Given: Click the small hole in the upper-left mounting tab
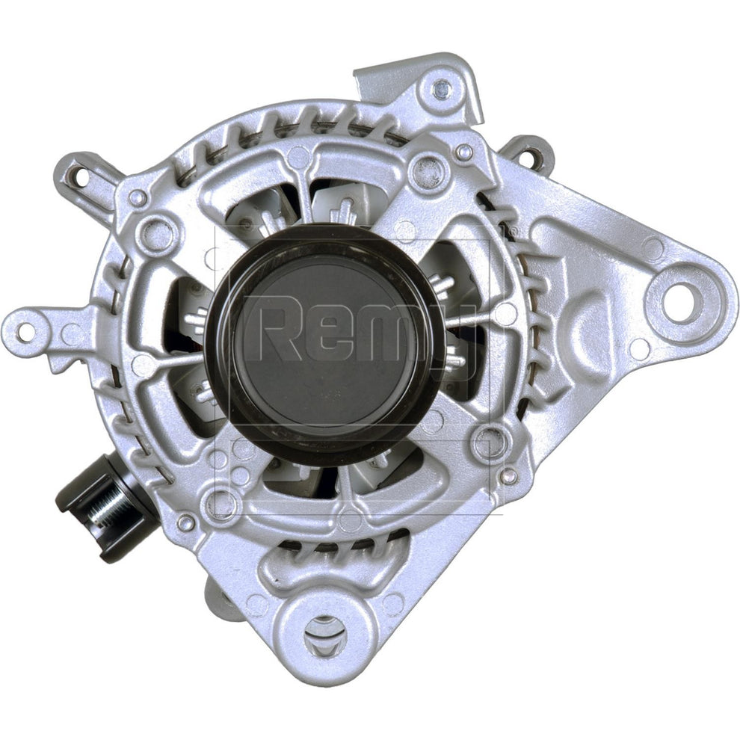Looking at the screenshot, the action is click(81, 177).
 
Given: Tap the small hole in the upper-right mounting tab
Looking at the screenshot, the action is click(532, 154).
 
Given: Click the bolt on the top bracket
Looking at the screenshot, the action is click(443, 88).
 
